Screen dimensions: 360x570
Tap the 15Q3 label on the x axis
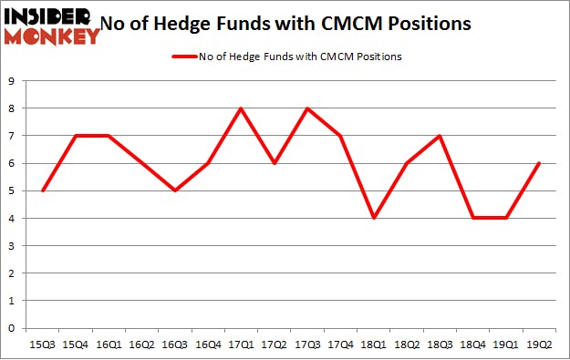point(41,345)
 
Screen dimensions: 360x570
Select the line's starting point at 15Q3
point(41,190)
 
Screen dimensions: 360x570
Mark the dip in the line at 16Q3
point(176,190)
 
